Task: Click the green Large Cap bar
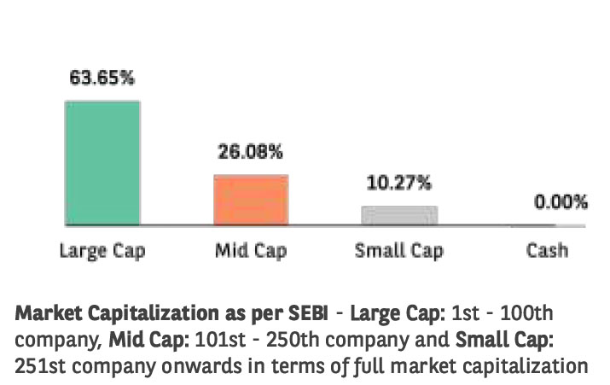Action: coord(102,163)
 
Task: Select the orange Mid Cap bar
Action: coord(251,201)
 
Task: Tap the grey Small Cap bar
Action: coord(399,216)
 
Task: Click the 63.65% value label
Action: coord(102,78)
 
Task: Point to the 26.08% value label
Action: coord(251,153)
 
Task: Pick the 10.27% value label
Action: coord(399,183)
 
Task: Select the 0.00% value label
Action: coord(561,202)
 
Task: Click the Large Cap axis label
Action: coord(102,251)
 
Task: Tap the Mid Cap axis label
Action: coord(251,251)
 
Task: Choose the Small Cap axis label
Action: coord(399,251)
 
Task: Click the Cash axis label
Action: coord(547,251)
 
